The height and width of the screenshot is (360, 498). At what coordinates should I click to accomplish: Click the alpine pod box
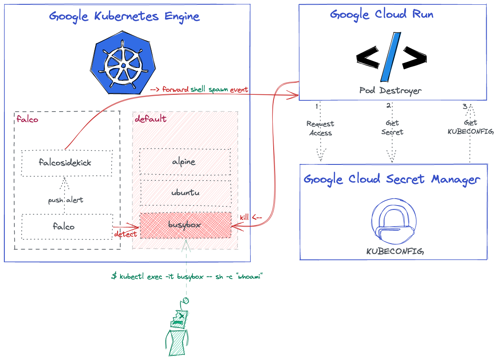(x=185, y=162)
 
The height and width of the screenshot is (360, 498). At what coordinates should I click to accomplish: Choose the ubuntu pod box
(x=185, y=193)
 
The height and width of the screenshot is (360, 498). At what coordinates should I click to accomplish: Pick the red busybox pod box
(x=185, y=225)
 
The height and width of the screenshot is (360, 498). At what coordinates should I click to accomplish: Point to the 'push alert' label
(x=65, y=200)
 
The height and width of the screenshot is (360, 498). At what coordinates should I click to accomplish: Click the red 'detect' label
(x=125, y=234)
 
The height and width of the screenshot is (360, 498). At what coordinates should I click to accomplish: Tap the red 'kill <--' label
(x=251, y=217)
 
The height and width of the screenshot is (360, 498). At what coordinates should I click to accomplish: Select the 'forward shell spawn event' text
(x=199, y=90)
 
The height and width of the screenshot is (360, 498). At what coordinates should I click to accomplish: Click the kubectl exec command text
(x=187, y=276)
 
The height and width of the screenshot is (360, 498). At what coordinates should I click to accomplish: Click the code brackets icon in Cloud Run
(x=391, y=57)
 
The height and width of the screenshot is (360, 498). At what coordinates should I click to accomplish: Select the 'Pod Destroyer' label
(x=390, y=90)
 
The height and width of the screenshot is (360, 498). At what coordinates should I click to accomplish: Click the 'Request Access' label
(x=320, y=128)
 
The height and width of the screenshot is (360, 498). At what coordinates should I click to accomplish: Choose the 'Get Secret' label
(x=392, y=128)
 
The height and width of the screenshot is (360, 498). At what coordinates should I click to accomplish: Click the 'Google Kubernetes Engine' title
(x=124, y=17)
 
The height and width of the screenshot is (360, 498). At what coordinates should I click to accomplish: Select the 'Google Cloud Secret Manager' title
(x=392, y=179)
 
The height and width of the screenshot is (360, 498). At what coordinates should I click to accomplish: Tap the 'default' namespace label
(x=150, y=119)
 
